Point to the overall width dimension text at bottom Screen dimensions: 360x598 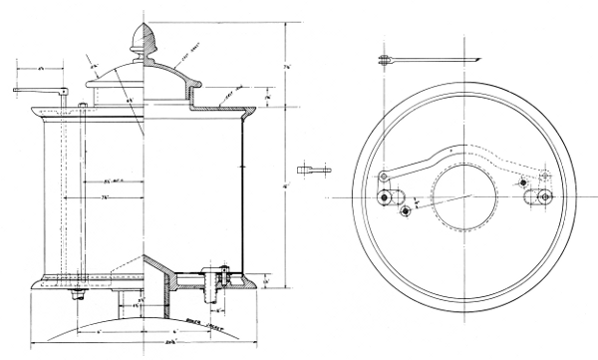(x=145, y=345)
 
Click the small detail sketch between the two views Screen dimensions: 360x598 (x=317, y=168)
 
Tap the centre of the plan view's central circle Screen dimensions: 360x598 (x=463, y=190)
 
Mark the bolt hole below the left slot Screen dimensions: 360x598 (x=404, y=210)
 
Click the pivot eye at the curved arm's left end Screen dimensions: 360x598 (x=383, y=178)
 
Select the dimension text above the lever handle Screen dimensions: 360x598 (x=41, y=69)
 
